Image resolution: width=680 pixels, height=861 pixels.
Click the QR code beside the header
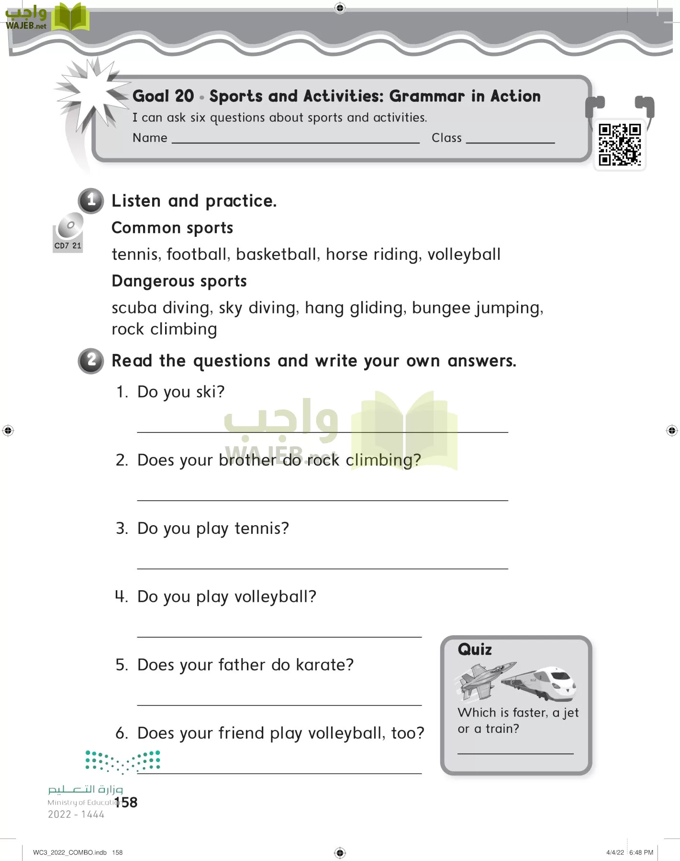620,144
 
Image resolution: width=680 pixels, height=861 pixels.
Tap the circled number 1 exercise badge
91,200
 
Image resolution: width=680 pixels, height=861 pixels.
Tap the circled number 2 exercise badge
91,360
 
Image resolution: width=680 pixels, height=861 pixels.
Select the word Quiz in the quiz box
475,650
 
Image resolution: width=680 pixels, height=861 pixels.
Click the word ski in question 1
209,392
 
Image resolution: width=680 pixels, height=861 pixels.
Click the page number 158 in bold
126,802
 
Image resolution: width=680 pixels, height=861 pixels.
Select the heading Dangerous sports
179,281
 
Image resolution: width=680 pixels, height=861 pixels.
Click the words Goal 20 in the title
163,96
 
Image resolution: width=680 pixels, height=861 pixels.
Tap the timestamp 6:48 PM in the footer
641,852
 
